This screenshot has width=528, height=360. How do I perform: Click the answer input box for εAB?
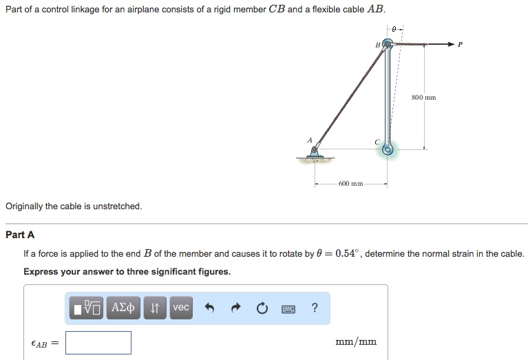click(x=98, y=342)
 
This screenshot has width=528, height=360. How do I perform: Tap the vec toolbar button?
click(x=180, y=308)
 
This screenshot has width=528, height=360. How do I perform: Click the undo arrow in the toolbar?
click(x=210, y=308)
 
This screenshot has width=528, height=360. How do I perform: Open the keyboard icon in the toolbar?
click(x=289, y=308)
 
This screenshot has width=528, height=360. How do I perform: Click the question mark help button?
click(x=315, y=308)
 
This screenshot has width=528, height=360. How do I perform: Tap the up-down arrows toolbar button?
click(x=155, y=308)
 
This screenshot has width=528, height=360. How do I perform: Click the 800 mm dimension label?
click(x=423, y=98)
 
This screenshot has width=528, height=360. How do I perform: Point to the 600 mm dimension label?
click(x=351, y=184)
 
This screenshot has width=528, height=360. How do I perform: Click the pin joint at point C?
click(x=388, y=149)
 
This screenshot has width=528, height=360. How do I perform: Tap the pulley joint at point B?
click(x=387, y=45)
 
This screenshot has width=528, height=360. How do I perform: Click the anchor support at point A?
click(x=315, y=152)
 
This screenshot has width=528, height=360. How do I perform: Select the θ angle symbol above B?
click(x=393, y=30)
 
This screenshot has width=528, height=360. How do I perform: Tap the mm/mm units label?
click(x=355, y=342)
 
